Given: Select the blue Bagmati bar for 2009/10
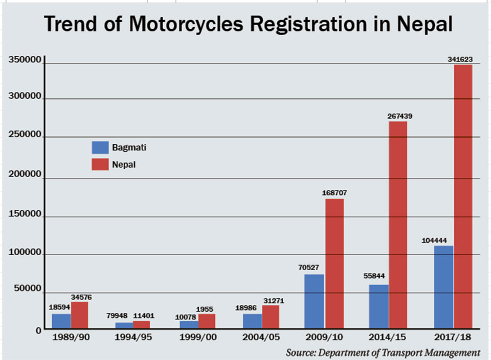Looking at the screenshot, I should coord(315,301).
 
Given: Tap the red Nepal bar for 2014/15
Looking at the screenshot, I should coord(397,225).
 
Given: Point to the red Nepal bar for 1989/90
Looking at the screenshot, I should coord(80,315).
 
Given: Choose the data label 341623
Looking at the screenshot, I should coord(460,60).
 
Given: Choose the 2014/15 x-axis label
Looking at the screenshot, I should coord(387,337).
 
